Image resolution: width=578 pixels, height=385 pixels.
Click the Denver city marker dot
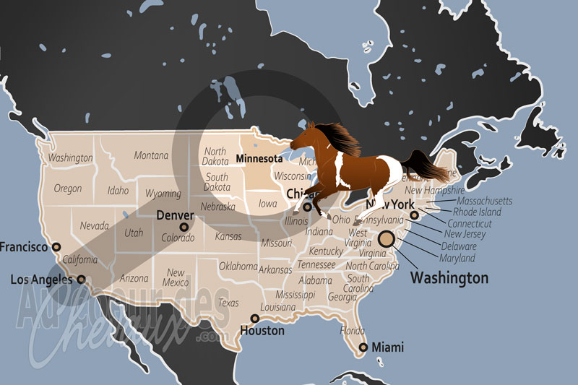point(184,227)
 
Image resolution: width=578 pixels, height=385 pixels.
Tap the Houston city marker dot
point(254,319)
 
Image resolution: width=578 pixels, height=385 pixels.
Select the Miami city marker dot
point(364,347)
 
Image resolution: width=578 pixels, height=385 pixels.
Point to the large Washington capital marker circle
point(387,239)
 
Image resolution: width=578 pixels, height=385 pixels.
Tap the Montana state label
point(151,155)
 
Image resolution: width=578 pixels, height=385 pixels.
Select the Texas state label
point(228,303)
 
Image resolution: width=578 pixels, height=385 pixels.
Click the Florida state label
point(353,330)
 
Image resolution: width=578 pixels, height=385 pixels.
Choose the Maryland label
point(458,258)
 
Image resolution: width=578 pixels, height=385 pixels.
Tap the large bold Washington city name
point(449,278)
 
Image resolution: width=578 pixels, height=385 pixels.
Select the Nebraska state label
point(217,207)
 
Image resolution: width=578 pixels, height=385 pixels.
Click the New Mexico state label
point(177,277)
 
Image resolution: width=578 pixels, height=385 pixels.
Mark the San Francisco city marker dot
point(56,247)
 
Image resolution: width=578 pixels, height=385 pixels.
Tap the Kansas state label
point(228,236)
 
